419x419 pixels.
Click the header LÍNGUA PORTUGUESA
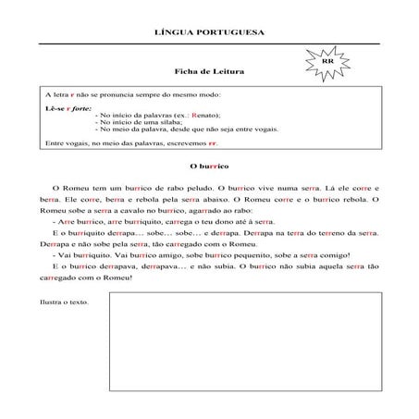click(212, 32)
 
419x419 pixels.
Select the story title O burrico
click(208, 166)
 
